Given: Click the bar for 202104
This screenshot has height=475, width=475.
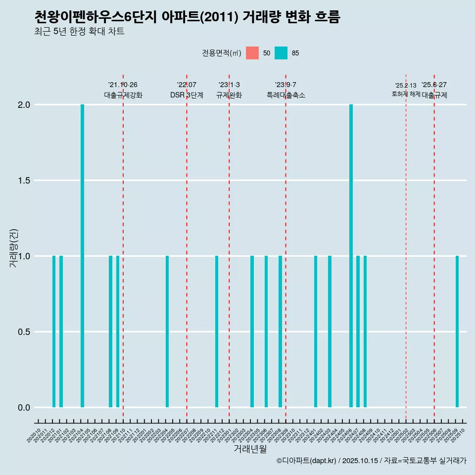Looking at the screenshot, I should click(82, 256).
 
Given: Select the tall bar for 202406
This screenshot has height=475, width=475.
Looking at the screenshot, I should click(351, 256).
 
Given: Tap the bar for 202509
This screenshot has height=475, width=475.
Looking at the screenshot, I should click(457, 332).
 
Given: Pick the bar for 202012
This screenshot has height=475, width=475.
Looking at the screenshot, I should click(54, 332).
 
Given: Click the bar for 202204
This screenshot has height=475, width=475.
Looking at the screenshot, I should click(167, 332).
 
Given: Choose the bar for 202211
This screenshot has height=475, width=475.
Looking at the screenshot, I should click(217, 332).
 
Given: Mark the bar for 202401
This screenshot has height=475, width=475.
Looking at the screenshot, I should click(316, 332).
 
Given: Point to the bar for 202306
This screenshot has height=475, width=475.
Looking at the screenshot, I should click(266, 332).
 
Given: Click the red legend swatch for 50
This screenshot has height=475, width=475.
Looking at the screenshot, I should click(252, 53).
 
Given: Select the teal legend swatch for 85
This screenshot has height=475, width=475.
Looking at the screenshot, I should click(281, 53).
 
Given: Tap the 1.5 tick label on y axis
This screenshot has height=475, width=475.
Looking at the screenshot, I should click(24, 181).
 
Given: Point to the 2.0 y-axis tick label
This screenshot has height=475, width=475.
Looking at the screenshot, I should click(24, 105).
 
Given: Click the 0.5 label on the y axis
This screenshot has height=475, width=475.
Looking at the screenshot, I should click(24, 332).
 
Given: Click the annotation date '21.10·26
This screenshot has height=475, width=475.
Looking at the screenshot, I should click(123, 85).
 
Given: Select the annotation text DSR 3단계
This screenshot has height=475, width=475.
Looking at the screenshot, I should click(187, 95).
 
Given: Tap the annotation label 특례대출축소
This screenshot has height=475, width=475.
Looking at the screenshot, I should click(285, 95).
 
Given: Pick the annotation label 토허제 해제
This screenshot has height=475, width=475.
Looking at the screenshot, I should click(406, 94).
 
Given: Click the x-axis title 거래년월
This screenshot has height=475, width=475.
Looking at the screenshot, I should click(250, 449).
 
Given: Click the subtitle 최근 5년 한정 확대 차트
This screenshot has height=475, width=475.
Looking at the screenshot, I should click(79, 32).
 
